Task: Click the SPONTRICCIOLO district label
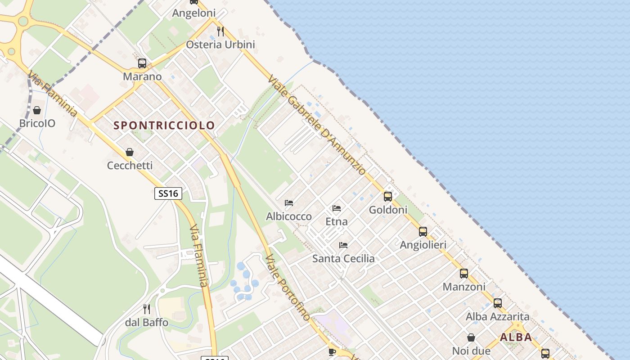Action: pyautogui.click(x=164, y=125)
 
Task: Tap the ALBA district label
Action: pyautogui.click(x=516, y=337)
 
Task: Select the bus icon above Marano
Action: pyautogui.click(x=142, y=63)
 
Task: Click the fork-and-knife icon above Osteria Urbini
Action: pyautogui.click(x=220, y=31)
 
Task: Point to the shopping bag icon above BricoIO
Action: pyautogui.click(x=37, y=110)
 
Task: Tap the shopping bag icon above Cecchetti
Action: pyautogui.click(x=130, y=152)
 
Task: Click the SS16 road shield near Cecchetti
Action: pyautogui.click(x=169, y=193)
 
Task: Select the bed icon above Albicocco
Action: pyautogui.click(x=289, y=203)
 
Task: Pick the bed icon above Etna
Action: pyautogui.click(x=337, y=208)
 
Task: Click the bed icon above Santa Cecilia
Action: pyautogui.click(x=343, y=245)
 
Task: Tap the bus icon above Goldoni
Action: pyautogui.click(x=388, y=197)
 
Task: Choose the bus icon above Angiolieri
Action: pyautogui.click(x=423, y=232)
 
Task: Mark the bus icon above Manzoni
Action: pyautogui.click(x=464, y=273)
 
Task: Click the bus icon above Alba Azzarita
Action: pyautogui.click(x=498, y=303)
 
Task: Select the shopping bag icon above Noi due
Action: pyautogui.click(x=471, y=337)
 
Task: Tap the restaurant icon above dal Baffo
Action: pyautogui.click(x=147, y=309)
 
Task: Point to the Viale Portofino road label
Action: pyautogui.click(x=288, y=287)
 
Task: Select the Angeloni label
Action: pyautogui.click(x=194, y=13)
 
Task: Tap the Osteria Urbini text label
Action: pyautogui.click(x=220, y=45)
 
